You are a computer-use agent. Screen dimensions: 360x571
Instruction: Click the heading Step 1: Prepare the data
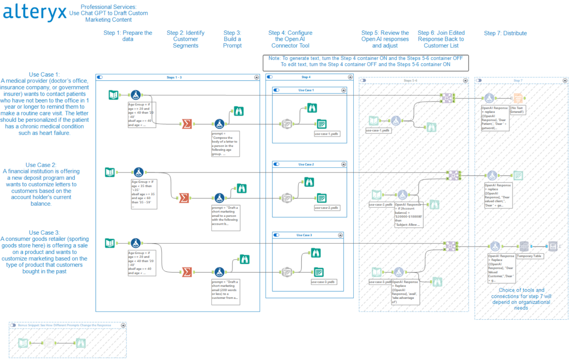(128, 36)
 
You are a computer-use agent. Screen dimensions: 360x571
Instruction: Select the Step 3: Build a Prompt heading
(232, 39)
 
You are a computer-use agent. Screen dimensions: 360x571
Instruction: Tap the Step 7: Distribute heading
(505, 33)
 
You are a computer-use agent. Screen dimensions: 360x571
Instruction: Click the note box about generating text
(365, 62)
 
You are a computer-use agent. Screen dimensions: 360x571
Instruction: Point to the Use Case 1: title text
(44, 75)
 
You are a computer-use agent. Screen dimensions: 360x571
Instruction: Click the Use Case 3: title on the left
(44, 233)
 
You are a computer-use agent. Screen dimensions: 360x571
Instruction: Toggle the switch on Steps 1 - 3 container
(100, 77)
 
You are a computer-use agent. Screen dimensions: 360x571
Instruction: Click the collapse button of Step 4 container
(350, 77)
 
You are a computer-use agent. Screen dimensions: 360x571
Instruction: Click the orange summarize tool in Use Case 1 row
(187, 124)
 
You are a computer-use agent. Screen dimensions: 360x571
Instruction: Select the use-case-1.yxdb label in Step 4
(326, 134)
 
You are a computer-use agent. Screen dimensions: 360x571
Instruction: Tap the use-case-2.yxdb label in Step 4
(326, 208)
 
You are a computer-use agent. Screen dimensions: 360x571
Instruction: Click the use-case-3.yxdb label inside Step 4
(323, 282)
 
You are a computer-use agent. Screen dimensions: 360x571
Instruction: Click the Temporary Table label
(529, 256)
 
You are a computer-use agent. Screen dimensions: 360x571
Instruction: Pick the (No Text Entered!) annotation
(517, 110)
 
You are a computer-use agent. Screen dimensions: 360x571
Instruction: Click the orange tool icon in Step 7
(518, 98)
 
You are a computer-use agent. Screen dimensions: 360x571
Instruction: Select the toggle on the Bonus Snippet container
(13, 325)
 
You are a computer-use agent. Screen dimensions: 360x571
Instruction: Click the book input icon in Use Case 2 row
(110, 172)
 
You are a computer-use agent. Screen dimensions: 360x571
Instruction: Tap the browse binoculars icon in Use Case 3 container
(316, 253)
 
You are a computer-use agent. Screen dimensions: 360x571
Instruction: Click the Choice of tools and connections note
(521, 299)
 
